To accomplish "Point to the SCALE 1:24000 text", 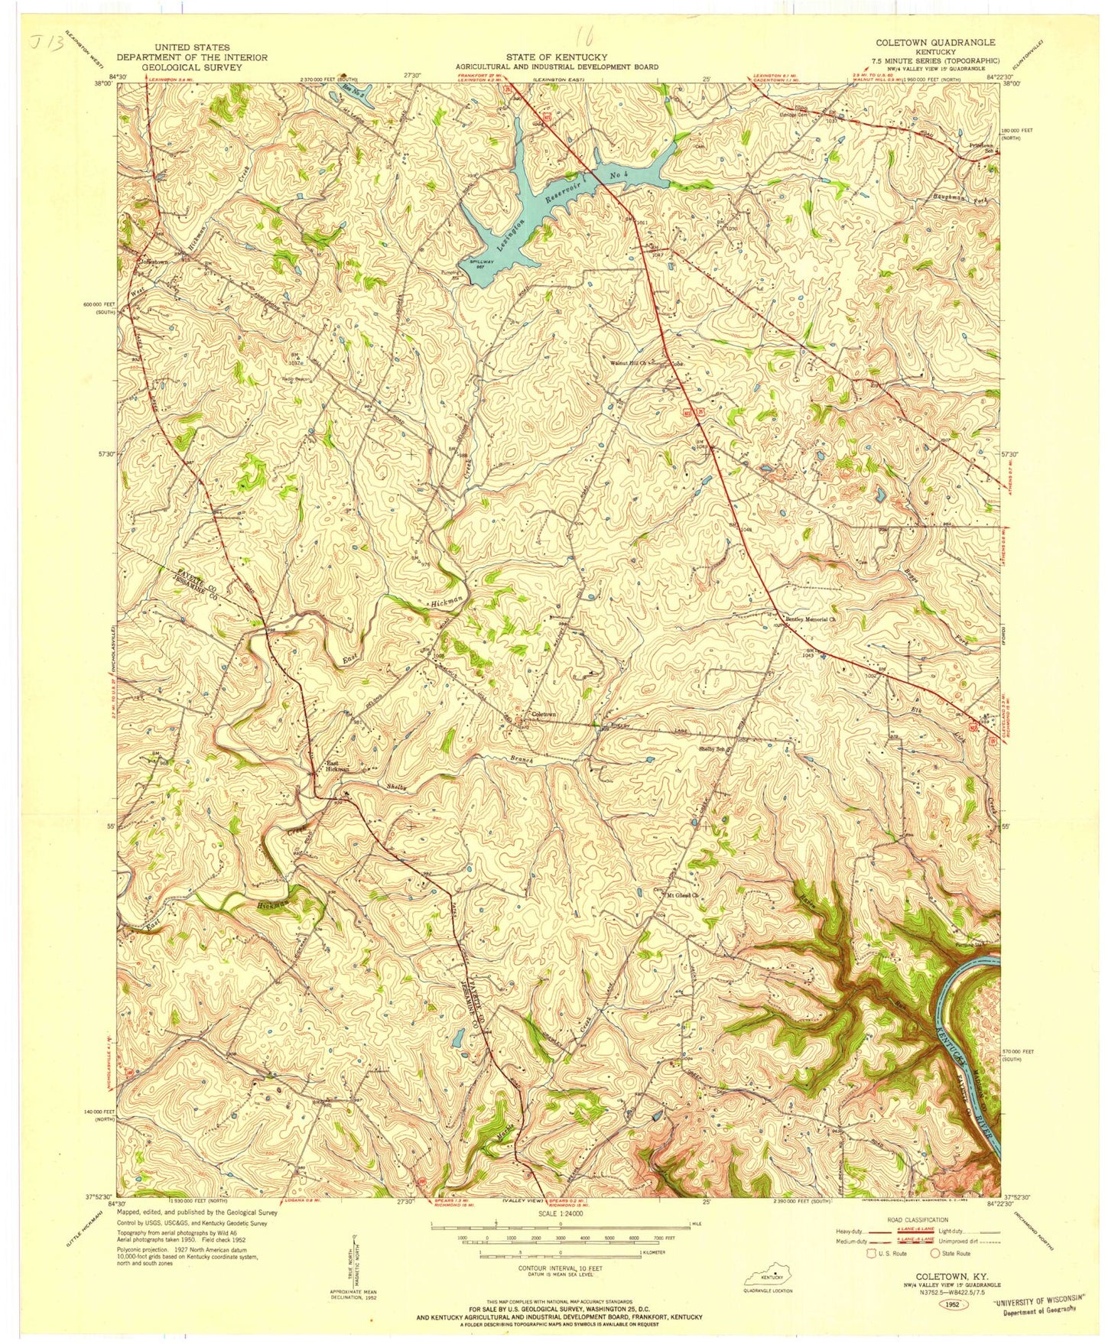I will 561,1214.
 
